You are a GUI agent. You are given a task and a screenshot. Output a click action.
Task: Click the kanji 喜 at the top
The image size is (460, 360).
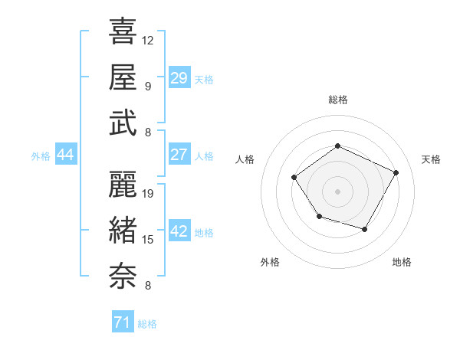(x=123, y=31)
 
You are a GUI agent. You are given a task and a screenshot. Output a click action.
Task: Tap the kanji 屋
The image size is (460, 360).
(x=123, y=77)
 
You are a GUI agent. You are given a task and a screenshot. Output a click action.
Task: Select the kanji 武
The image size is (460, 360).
(x=123, y=123)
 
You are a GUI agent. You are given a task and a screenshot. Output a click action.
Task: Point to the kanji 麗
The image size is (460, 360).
(x=123, y=184)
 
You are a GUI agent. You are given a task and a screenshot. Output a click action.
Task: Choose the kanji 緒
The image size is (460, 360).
(x=123, y=230)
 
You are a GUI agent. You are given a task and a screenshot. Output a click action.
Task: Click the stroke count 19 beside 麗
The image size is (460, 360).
(x=149, y=193)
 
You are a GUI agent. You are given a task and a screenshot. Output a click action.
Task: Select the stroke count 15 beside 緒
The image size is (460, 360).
(x=148, y=240)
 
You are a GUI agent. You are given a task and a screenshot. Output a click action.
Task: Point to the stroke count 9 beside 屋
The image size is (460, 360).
(x=147, y=86)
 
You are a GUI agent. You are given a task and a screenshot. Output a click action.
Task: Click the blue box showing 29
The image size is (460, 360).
(x=179, y=78)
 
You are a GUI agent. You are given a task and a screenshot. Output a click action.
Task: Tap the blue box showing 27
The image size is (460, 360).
(x=179, y=155)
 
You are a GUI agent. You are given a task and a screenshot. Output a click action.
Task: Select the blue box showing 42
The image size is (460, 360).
(x=179, y=232)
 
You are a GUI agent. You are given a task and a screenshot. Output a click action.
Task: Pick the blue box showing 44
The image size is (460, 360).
(x=65, y=155)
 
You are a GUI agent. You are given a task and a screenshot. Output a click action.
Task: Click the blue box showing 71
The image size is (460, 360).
(x=123, y=323)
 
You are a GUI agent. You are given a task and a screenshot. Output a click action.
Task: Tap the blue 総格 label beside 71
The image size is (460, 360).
(x=147, y=324)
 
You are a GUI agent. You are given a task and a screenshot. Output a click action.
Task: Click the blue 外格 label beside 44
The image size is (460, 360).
(x=41, y=156)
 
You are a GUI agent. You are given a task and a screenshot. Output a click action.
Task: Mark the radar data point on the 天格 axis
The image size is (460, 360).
(x=396, y=172)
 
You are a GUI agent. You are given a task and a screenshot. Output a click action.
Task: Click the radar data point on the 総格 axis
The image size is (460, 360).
(x=337, y=146)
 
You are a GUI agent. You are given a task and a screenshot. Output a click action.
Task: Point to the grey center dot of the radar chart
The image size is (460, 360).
(x=337, y=191)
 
